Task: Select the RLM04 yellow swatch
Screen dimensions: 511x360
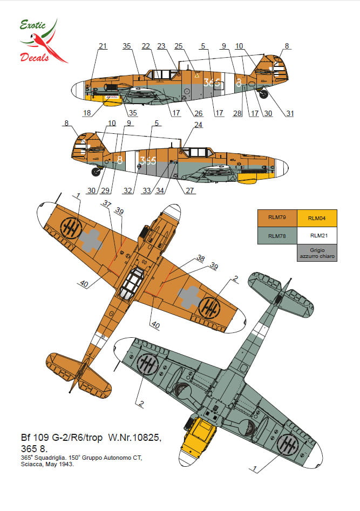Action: coord(317,218)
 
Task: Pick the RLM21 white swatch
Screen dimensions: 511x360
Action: coord(317,235)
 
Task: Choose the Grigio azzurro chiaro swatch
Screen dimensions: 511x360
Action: coord(317,253)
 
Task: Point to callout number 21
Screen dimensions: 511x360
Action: coord(103,47)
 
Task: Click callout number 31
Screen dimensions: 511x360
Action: coord(290,113)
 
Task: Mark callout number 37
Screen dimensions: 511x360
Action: coord(106,203)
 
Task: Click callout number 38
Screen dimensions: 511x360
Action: coord(201,258)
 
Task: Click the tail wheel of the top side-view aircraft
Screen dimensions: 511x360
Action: coord(264,94)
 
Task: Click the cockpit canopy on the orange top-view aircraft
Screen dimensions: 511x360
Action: coord(132,280)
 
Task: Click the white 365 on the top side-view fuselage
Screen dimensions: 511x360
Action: coord(212,83)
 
